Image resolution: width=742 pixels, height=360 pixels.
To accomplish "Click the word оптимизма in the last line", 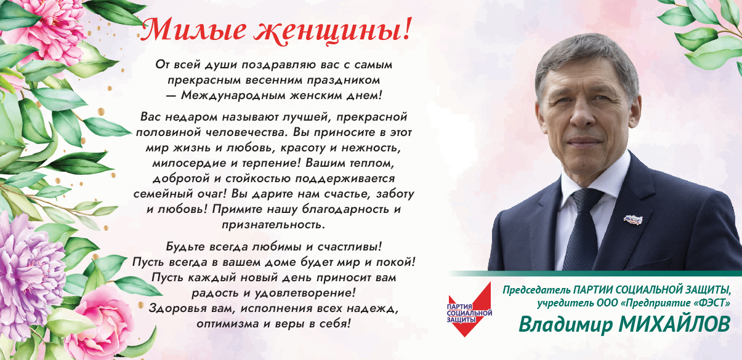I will (x=224, y=322).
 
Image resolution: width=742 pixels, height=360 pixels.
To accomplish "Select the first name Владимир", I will (x=565, y=324).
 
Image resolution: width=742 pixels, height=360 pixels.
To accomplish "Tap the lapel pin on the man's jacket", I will (x=633, y=219).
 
